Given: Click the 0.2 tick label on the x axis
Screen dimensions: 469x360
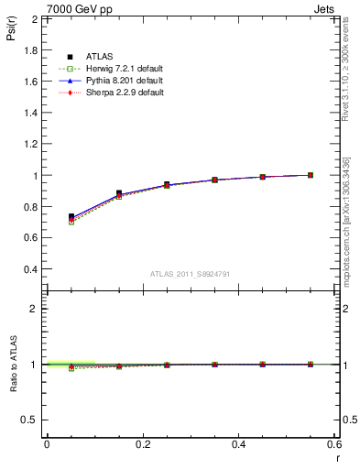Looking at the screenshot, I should (142, 443).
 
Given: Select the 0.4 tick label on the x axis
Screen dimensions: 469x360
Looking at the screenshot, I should (238, 443).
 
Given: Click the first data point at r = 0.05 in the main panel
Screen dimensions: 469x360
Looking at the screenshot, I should (71, 217).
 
